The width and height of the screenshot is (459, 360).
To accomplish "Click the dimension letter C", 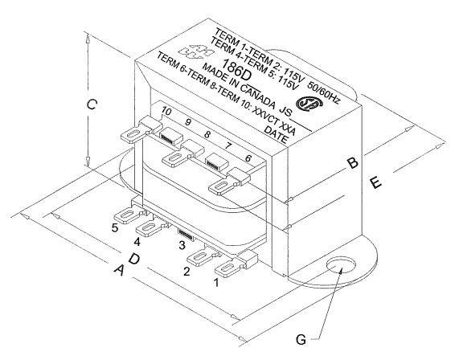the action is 92,104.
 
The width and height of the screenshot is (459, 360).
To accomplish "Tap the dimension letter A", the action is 120,271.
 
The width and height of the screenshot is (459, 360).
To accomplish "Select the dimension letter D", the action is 134,259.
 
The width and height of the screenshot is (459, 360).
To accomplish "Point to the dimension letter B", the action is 353,163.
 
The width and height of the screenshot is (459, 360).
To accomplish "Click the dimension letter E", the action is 376,182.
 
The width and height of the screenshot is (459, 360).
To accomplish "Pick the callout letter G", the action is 301,340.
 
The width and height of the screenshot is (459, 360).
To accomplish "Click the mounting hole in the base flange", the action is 342,266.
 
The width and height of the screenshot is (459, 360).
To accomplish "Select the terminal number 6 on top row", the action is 248,158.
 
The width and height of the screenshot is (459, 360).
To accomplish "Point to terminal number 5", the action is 115,227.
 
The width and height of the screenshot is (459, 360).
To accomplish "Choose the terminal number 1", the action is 216,282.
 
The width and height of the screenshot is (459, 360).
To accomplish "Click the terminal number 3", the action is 182,244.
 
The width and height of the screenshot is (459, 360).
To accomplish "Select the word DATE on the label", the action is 276,135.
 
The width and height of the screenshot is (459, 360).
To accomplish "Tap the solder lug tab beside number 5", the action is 129,215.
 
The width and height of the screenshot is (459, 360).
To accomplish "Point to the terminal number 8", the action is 207,135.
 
